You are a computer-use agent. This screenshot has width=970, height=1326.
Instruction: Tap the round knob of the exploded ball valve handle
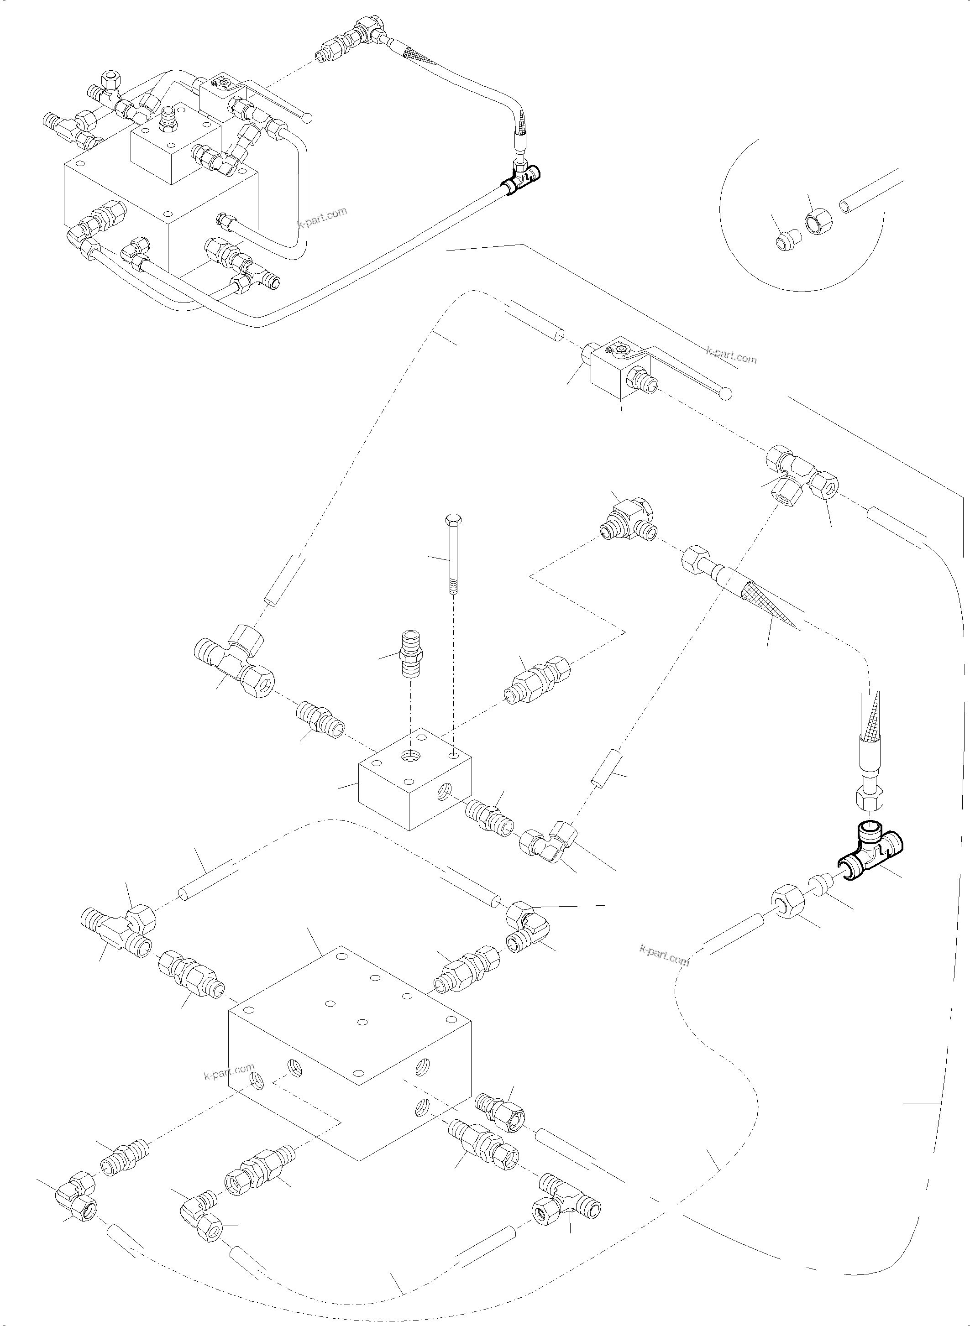(726, 394)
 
